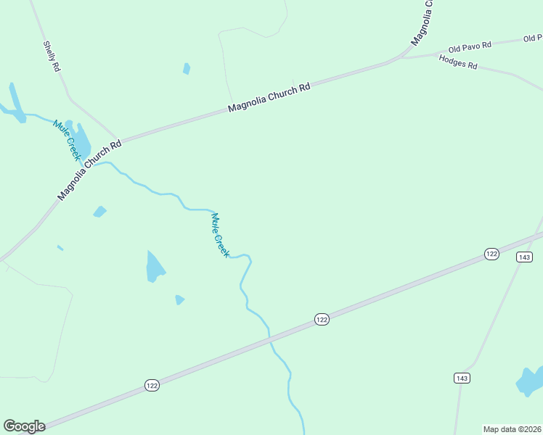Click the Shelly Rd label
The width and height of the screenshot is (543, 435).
52,56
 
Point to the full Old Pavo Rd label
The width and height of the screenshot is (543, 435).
470,47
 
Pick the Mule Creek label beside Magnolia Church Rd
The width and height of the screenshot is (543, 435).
67,140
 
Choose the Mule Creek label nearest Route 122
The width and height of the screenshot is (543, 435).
220,234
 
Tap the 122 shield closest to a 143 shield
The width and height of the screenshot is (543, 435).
491,253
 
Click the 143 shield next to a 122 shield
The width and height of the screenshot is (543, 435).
525,257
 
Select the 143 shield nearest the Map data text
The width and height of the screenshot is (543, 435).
462,378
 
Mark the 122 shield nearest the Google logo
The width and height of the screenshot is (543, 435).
151,385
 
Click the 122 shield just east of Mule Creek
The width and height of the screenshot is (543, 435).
322,319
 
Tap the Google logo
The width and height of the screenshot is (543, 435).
24,426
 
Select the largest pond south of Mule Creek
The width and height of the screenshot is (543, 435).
155,267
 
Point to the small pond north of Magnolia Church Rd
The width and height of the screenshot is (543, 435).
187,69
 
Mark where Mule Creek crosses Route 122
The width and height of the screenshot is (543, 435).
269,338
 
